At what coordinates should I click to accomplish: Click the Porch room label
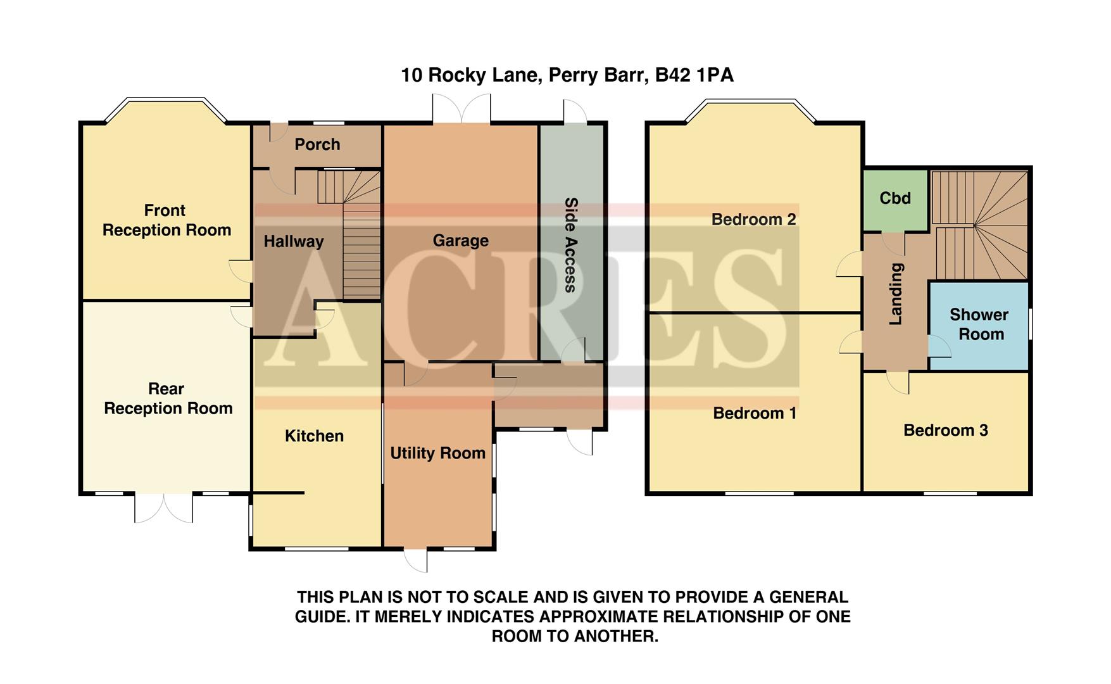click(x=317, y=144)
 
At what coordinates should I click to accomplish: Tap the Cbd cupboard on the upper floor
click(x=895, y=198)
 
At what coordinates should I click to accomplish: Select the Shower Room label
click(x=979, y=324)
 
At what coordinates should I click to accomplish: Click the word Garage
click(x=460, y=241)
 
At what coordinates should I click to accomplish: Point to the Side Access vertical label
click(x=570, y=245)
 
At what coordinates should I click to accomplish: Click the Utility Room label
click(x=437, y=453)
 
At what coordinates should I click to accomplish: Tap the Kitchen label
click(x=314, y=436)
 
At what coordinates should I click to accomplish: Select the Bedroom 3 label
click(x=945, y=431)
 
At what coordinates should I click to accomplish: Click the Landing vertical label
click(x=896, y=294)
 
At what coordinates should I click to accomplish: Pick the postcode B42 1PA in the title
click(x=694, y=75)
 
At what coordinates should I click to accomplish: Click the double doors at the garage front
click(x=461, y=110)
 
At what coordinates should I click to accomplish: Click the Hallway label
click(x=293, y=241)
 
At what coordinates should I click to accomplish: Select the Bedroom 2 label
click(x=753, y=220)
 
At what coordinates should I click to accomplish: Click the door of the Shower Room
click(x=938, y=346)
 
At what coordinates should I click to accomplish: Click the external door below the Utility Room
click(x=417, y=560)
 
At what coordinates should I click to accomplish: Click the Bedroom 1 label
click(x=755, y=414)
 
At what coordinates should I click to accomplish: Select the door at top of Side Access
click(x=574, y=111)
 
